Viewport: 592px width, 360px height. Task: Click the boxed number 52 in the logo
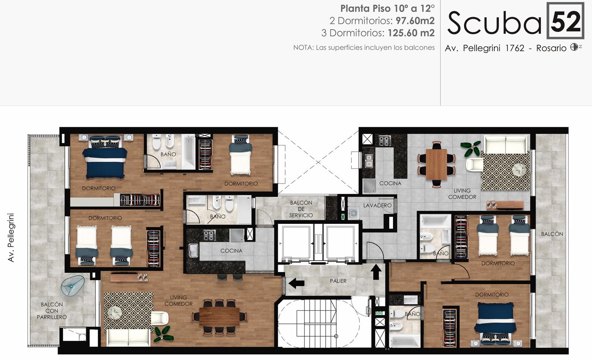pyautogui.click(x=565, y=21)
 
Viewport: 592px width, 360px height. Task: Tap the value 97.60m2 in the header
pyautogui.click(x=415, y=21)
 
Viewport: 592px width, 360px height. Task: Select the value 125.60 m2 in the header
pyautogui.click(x=411, y=33)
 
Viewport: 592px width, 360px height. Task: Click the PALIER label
pyautogui.click(x=338, y=281)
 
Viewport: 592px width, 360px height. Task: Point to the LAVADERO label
pyautogui.click(x=377, y=205)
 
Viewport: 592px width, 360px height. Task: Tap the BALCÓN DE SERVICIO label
pyautogui.click(x=301, y=209)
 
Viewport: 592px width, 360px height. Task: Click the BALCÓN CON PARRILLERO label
pyautogui.click(x=52, y=311)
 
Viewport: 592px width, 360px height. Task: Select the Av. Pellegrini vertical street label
pyautogui.click(x=11, y=238)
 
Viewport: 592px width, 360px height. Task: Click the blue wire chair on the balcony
pyautogui.click(x=73, y=285)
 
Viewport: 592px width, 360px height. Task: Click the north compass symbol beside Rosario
pyautogui.click(x=574, y=47)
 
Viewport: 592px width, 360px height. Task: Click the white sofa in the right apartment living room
pyautogui.click(x=505, y=144)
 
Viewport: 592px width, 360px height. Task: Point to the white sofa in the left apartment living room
pyautogui.click(x=128, y=337)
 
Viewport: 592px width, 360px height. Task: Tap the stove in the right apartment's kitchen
pyautogui.click(x=384, y=141)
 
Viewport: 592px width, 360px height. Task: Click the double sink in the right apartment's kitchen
pyautogui.click(x=369, y=161)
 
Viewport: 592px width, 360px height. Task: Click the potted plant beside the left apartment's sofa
pyautogui.click(x=163, y=334)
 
